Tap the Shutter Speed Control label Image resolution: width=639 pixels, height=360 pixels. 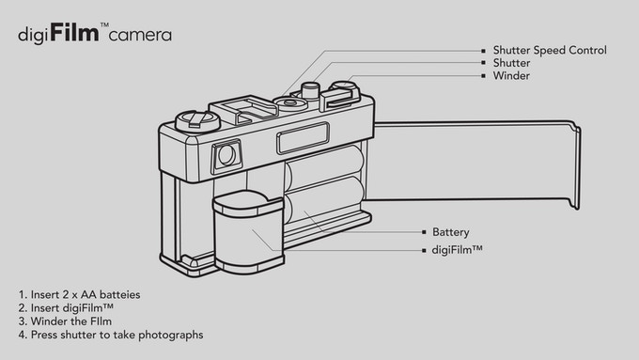(x=550, y=50)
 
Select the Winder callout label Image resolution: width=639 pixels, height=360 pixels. (x=511, y=75)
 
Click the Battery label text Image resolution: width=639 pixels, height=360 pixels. (x=451, y=232)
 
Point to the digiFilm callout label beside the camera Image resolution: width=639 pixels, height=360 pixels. (x=458, y=249)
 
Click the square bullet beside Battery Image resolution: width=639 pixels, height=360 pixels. (x=424, y=232)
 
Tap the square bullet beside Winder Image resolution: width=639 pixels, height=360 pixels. (x=483, y=75)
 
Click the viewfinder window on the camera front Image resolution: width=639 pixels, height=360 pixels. (x=226, y=156)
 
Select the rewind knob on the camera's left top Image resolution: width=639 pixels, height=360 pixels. (x=197, y=120)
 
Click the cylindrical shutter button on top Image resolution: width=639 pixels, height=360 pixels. (x=310, y=90)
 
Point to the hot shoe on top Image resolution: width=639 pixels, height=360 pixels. (x=243, y=108)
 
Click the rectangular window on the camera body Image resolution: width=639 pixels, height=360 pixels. (x=303, y=138)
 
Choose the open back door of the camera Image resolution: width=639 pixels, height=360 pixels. (x=476, y=163)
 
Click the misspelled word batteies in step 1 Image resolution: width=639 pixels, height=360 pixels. (x=120, y=294)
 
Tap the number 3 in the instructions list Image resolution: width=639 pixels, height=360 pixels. (x=22, y=321)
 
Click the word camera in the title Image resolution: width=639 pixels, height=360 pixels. (x=140, y=35)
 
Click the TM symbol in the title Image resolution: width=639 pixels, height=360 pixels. (x=104, y=24)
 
